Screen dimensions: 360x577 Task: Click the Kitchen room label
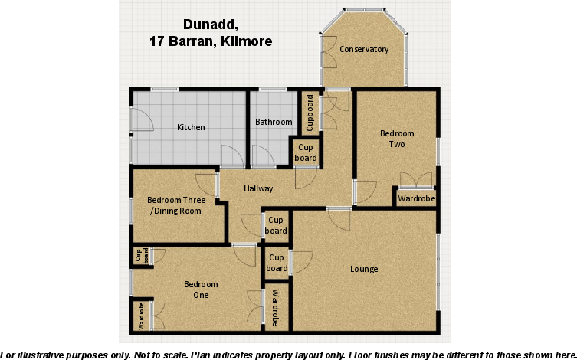click(x=191, y=127)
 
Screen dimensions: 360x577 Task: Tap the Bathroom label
click(x=274, y=122)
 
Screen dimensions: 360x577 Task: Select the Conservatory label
click(x=364, y=50)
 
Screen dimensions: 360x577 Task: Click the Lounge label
click(x=364, y=269)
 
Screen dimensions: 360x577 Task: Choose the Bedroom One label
click(x=196, y=290)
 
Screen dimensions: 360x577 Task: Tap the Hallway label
click(x=258, y=188)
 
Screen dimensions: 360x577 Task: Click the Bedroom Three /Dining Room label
click(x=175, y=206)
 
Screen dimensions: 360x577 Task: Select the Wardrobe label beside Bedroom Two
click(x=417, y=199)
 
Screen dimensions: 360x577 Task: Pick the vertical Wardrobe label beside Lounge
click(x=276, y=308)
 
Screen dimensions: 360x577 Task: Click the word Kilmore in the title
click(x=246, y=41)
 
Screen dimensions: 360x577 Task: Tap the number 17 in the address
click(x=156, y=41)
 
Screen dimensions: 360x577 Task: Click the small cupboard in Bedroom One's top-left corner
click(x=142, y=256)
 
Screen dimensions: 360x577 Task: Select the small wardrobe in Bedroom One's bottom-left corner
click(x=142, y=316)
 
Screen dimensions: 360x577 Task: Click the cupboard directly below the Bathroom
click(x=307, y=152)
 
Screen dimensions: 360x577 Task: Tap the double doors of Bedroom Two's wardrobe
click(x=416, y=181)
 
